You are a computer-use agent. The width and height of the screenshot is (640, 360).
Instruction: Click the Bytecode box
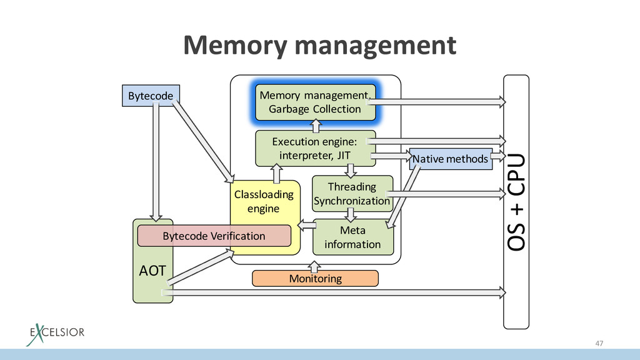(150, 96)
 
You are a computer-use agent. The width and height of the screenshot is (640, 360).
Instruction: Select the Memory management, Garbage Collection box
(315, 102)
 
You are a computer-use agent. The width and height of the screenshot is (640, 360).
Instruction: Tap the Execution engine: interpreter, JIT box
(315, 148)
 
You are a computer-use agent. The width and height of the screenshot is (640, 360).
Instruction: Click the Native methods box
(449, 159)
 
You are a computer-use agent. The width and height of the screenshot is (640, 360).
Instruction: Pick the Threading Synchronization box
(352, 194)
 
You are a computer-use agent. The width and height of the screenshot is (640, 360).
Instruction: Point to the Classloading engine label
(263, 201)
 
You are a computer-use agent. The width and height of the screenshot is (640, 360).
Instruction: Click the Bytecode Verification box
(214, 236)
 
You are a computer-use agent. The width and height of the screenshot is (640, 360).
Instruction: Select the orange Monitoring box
(315, 278)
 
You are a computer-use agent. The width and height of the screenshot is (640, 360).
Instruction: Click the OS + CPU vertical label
(516, 202)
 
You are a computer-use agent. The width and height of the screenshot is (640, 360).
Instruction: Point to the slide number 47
(599, 343)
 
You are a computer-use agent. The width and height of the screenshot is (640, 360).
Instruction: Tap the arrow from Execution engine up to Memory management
(315, 125)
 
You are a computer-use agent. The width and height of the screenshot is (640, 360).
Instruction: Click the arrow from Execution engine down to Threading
(351, 171)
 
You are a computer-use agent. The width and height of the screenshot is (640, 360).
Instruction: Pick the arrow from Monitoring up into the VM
(315, 265)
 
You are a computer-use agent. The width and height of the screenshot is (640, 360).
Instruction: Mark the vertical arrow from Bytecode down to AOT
(156, 162)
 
